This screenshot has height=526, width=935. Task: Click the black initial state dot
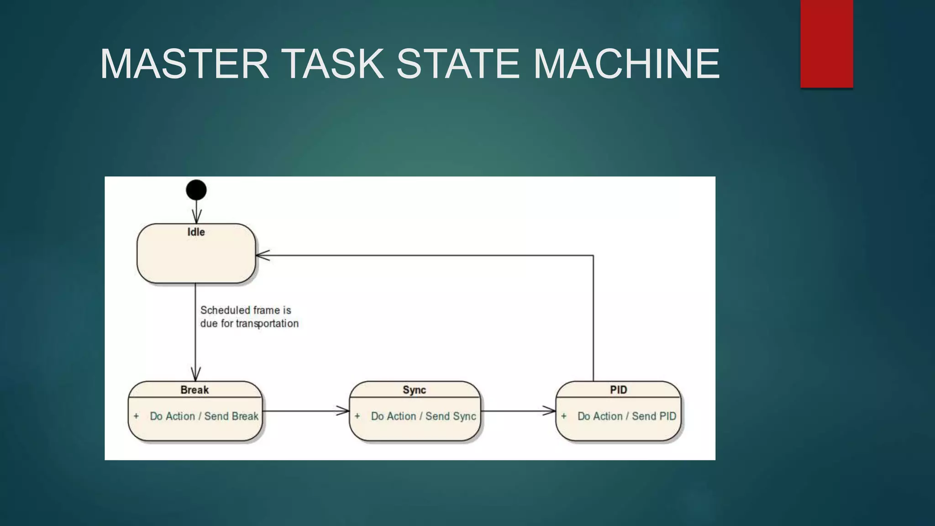[x=196, y=190]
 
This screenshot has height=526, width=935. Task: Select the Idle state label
[x=196, y=232]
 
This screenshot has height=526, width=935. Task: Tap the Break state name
[x=194, y=390]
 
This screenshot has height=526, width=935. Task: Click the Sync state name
[x=414, y=390]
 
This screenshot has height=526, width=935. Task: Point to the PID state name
[x=618, y=390]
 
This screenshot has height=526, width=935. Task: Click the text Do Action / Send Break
[x=204, y=416]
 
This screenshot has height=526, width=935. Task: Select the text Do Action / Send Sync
[x=423, y=416]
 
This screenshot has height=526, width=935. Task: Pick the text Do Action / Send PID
[x=626, y=416]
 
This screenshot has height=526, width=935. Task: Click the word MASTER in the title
[x=184, y=64]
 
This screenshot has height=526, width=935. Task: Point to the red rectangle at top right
[x=826, y=44]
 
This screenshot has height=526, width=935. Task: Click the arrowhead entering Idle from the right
[x=262, y=255]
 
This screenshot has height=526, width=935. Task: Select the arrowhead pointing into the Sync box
[x=343, y=411]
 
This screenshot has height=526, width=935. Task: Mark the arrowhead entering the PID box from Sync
[x=549, y=411]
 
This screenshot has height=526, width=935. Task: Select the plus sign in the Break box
[x=136, y=416]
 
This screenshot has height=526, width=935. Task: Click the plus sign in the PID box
[x=564, y=416]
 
